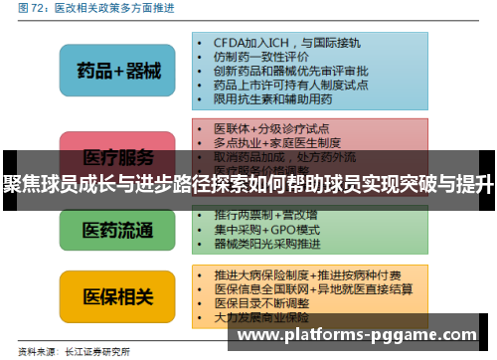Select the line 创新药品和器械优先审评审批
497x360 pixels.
(x=289, y=72)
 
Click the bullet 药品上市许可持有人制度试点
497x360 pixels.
(x=289, y=86)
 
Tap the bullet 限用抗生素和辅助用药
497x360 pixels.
(x=272, y=99)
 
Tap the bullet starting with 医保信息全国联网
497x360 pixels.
(x=313, y=287)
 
